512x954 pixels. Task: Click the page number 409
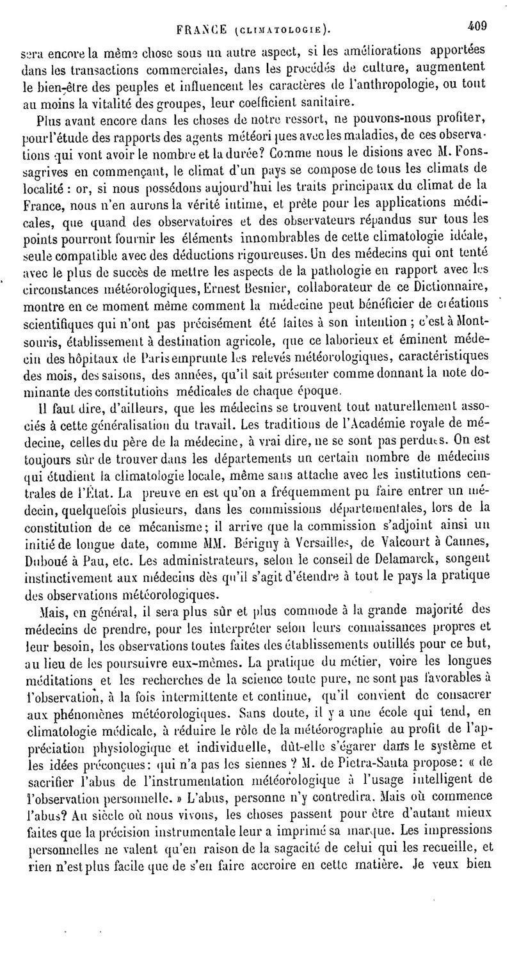[477, 26]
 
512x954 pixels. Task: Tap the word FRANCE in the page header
[201, 28]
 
